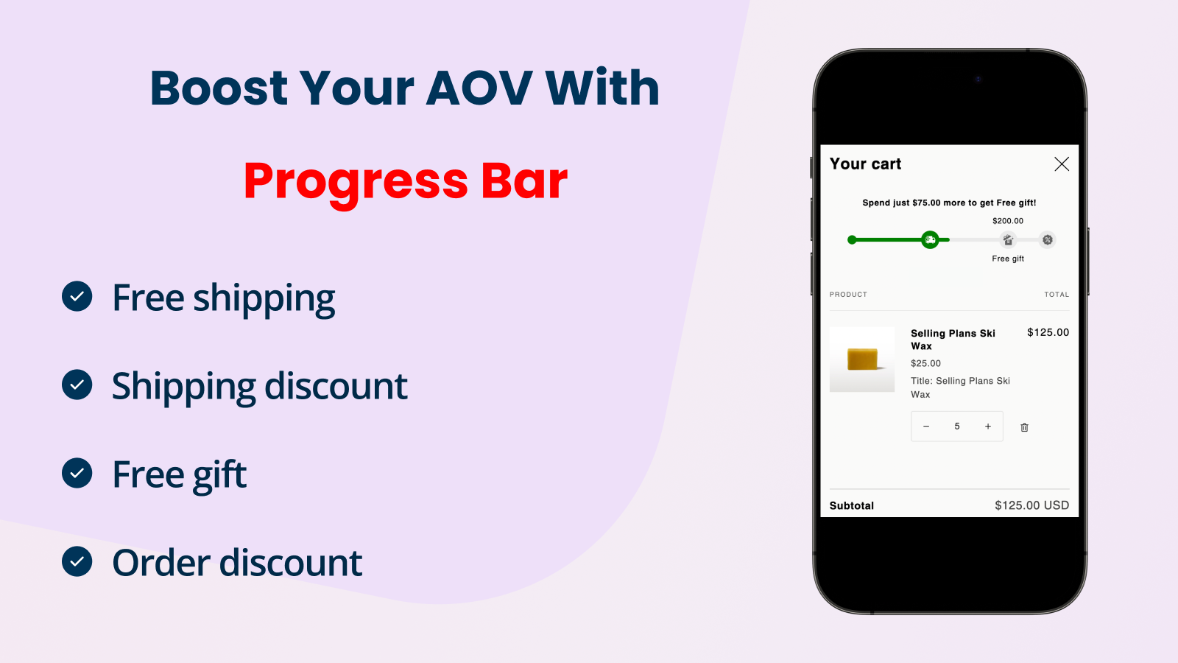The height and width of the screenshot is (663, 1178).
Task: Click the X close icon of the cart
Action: (1062, 164)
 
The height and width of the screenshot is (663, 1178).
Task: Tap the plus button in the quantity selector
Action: (987, 427)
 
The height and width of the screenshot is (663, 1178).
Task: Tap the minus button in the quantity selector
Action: (926, 427)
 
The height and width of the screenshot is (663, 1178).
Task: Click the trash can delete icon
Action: (1024, 427)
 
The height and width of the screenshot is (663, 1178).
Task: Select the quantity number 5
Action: (957, 427)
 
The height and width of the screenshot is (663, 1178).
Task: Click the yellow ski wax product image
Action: (862, 359)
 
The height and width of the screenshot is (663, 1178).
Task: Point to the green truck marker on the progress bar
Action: (930, 240)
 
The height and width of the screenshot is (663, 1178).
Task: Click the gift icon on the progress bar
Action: (1008, 240)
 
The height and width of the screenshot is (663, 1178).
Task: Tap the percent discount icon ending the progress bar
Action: (1048, 240)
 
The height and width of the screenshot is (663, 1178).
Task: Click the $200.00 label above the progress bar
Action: (1008, 221)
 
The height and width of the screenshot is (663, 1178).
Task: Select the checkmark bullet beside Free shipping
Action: (77, 296)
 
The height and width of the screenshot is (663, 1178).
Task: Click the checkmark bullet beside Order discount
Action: (77, 561)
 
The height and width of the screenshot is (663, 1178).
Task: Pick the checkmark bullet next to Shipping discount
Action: (77, 385)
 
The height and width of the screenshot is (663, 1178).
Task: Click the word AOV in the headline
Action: (479, 88)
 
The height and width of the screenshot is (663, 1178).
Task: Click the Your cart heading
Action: (865, 164)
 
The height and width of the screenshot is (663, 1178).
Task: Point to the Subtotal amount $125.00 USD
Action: (1031, 505)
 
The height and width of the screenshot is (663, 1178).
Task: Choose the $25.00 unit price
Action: (925, 363)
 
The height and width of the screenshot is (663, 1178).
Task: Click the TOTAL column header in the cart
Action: (1057, 295)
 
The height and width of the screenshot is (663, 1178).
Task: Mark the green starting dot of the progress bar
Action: (852, 240)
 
